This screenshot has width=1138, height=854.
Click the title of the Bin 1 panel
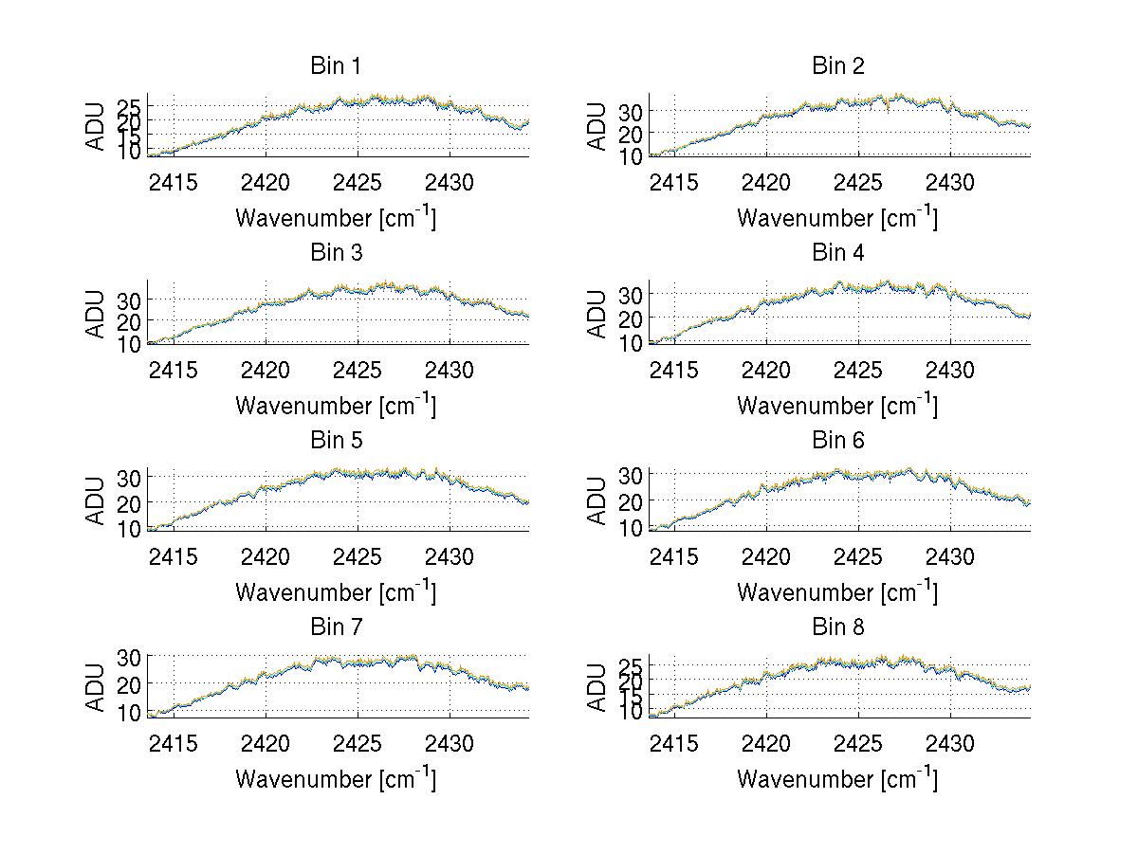[x=336, y=66]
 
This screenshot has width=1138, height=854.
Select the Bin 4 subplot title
[x=838, y=253]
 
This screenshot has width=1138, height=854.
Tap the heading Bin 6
[x=838, y=441]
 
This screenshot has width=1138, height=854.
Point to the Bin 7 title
[x=336, y=627]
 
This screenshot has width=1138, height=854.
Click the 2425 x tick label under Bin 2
[x=859, y=182]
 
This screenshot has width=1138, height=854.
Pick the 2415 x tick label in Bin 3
[x=174, y=369]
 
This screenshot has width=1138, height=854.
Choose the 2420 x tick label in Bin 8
[x=766, y=743]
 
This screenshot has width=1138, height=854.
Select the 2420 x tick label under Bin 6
[x=766, y=556]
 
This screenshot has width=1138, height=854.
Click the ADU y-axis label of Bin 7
[x=95, y=687]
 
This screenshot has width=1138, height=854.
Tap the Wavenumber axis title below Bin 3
[x=336, y=405]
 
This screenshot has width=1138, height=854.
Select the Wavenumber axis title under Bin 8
[x=837, y=779]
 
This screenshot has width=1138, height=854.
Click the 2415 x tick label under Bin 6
[x=675, y=556]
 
